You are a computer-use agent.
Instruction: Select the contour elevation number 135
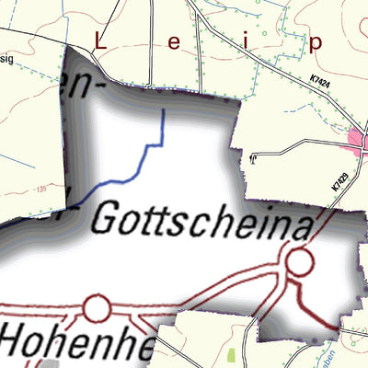[x=41, y=191]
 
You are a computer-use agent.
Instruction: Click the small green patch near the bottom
[x=231, y=352]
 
